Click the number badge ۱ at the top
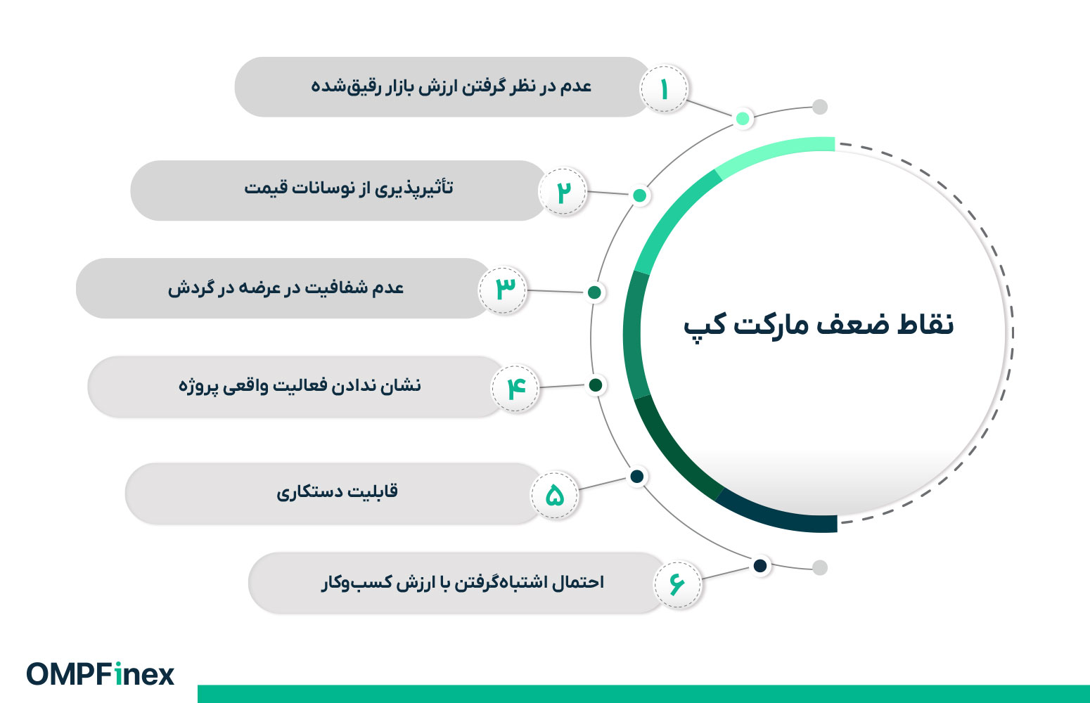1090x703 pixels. click(x=664, y=89)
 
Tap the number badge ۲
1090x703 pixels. click(x=563, y=192)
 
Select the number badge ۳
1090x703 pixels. click(x=503, y=289)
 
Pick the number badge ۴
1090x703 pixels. click(x=515, y=387)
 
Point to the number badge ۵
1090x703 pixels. click(x=555, y=495)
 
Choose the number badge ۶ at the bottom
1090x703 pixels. click(x=677, y=583)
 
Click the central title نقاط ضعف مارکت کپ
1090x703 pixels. click(x=819, y=325)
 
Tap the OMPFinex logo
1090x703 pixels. click(x=101, y=674)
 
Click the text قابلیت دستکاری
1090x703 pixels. click(x=337, y=491)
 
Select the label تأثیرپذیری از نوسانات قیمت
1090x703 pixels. click(x=349, y=188)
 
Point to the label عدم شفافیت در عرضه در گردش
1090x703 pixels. click(x=286, y=288)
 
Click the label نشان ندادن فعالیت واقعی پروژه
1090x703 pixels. click(x=300, y=386)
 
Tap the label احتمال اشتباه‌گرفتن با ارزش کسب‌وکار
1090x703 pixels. click(x=463, y=583)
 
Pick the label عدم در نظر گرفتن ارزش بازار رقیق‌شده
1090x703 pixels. click(x=451, y=86)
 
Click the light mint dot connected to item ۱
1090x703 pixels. click(x=743, y=118)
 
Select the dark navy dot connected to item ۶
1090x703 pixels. click(x=760, y=566)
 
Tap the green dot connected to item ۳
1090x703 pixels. click(x=594, y=292)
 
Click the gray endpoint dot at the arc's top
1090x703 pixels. click(x=819, y=107)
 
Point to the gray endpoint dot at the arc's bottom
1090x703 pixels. click(x=819, y=567)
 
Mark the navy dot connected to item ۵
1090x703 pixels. click(x=637, y=477)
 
